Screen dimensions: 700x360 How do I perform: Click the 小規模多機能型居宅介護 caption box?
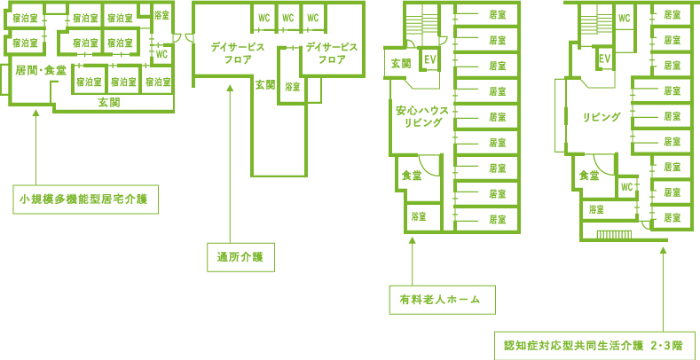[85, 199]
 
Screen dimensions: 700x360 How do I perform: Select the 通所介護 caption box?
[240, 257]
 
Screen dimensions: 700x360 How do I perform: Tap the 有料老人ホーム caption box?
[443, 300]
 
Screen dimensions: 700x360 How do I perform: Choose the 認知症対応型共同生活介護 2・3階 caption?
[594, 345]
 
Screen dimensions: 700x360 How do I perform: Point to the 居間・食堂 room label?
[41, 70]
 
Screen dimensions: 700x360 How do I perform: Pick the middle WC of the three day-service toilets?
[288, 18]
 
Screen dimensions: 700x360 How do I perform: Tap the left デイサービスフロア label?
[238, 53]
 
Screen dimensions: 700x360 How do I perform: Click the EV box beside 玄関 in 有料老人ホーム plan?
[429, 59]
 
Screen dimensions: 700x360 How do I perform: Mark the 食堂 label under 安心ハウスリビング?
[411, 176]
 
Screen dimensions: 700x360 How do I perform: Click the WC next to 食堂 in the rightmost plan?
[627, 187]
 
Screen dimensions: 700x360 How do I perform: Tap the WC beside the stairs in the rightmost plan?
[624, 18]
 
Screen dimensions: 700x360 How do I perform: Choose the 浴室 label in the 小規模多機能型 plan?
[161, 15]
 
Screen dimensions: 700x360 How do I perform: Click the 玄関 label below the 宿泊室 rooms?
[109, 103]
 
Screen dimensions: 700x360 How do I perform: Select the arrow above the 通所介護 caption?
[231, 164]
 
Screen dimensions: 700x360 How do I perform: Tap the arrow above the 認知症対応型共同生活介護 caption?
[663, 290]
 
